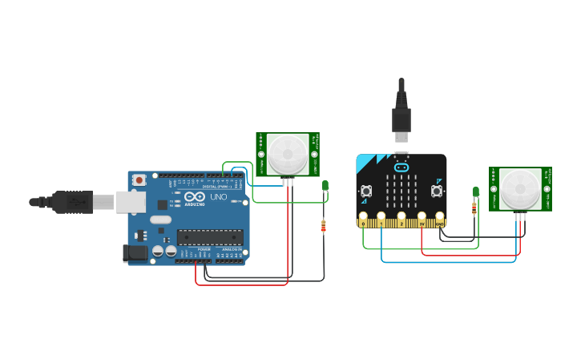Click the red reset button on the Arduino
click(x=139, y=180)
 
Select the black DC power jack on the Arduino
click(x=135, y=254)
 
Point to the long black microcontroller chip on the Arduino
click(x=209, y=236)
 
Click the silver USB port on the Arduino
click(x=130, y=202)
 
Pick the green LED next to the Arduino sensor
click(x=325, y=186)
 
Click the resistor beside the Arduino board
click(x=323, y=226)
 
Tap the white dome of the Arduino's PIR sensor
click(x=287, y=155)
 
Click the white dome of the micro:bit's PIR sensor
click(x=520, y=189)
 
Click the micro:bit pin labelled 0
click(x=364, y=217)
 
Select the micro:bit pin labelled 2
click(x=401, y=217)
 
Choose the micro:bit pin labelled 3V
click(x=422, y=217)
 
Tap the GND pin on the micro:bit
click(x=439, y=217)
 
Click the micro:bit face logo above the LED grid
click(x=401, y=168)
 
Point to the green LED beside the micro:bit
click(x=475, y=192)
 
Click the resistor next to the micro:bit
click(x=474, y=208)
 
